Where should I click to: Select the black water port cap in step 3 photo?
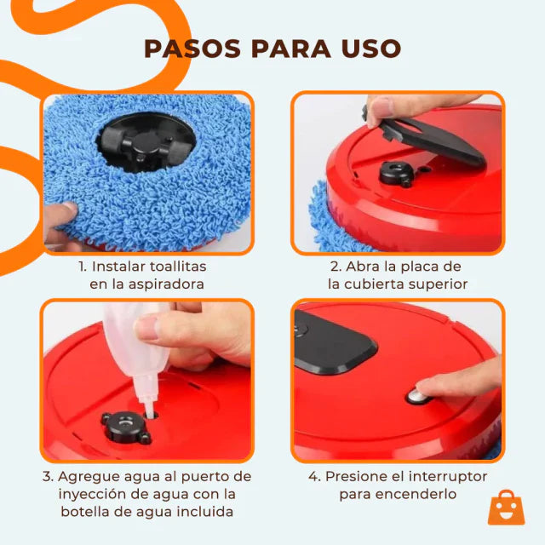[x=123, y=426]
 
